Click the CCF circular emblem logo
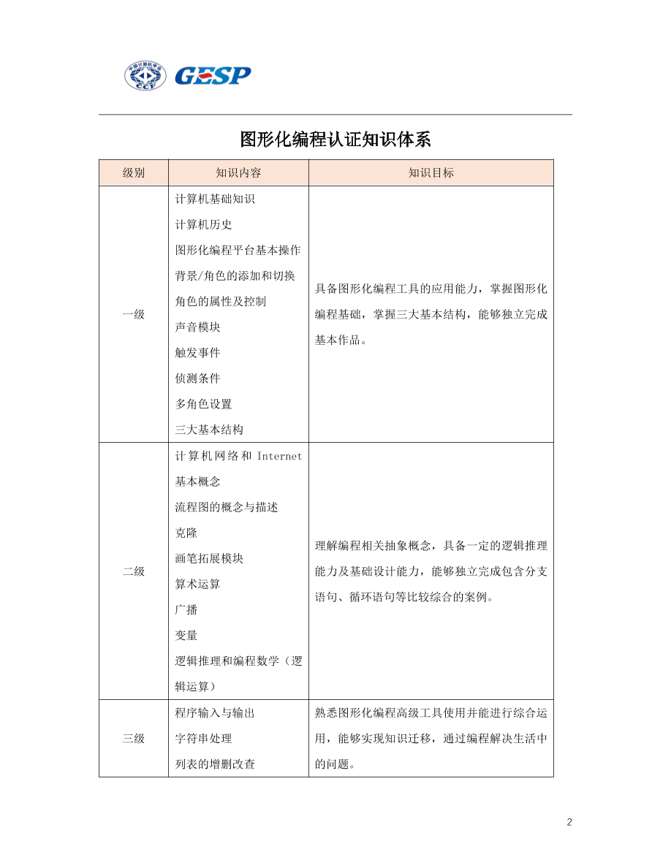click(x=145, y=75)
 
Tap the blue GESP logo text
click(x=212, y=75)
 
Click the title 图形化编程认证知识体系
click(x=335, y=139)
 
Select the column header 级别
click(x=134, y=173)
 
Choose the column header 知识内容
click(x=238, y=173)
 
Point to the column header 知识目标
click(x=431, y=173)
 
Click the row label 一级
click(x=134, y=314)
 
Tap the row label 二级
click(x=134, y=571)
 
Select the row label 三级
click(x=134, y=739)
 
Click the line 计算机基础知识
click(x=215, y=199)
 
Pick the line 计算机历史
click(x=204, y=224)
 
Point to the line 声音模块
click(x=197, y=327)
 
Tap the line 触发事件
click(x=197, y=353)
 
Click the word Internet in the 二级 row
click(x=279, y=456)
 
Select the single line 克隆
click(x=186, y=533)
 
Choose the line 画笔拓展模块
click(x=209, y=558)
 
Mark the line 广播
click(x=186, y=609)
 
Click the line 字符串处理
click(x=204, y=739)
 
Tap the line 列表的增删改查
click(x=215, y=764)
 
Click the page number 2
click(x=569, y=822)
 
